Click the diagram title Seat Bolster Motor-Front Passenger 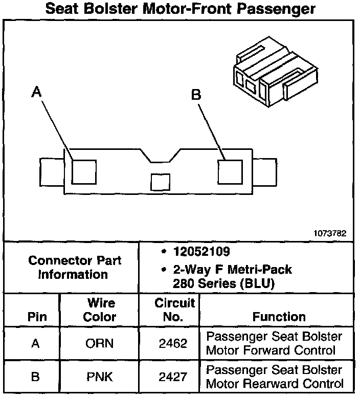coord(180,9)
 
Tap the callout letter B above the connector coord(196,95)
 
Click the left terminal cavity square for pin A coord(84,171)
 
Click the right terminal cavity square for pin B coord(230,171)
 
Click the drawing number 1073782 coord(330,233)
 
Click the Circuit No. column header coord(174,310)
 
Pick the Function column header coord(279,317)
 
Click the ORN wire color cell coord(100,344)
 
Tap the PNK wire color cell coord(100,377)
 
